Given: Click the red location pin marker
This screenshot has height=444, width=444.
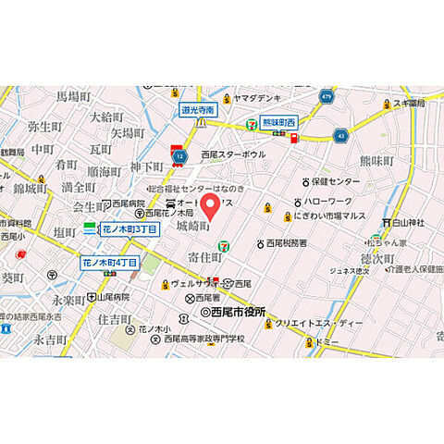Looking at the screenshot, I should [x=211, y=205].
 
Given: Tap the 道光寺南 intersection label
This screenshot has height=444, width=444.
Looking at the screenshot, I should [x=198, y=110].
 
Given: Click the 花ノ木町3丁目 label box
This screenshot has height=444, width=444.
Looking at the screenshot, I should [x=129, y=228].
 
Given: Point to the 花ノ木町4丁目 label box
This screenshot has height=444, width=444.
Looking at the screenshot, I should [x=109, y=263].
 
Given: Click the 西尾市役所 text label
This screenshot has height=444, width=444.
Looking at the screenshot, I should [x=238, y=313].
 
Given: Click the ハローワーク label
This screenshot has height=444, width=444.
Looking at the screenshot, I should [x=336, y=201].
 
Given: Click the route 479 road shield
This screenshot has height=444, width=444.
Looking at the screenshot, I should [x=327, y=95].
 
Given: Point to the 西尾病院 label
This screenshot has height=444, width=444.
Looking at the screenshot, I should [x=123, y=203].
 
